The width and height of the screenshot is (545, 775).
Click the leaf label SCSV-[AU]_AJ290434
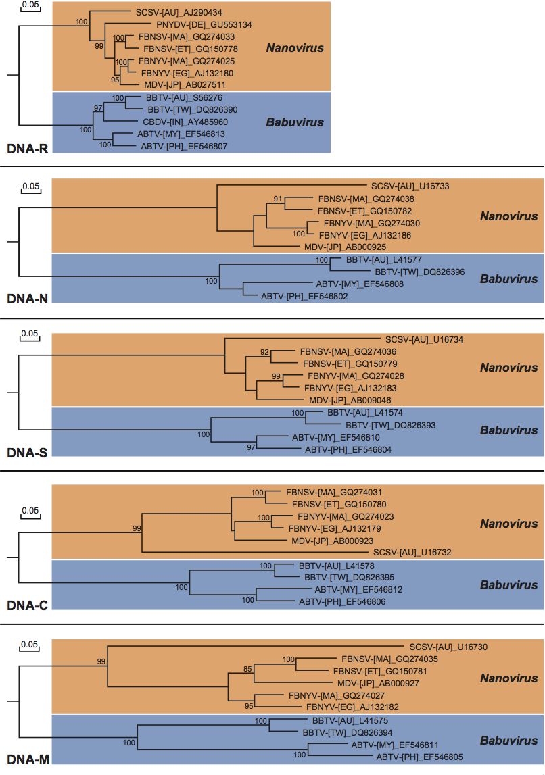pyautogui.click(x=174, y=12)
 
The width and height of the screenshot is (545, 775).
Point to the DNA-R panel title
pyautogui.click(x=27, y=148)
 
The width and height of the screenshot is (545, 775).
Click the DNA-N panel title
pyautogui.click(x=27, y=298)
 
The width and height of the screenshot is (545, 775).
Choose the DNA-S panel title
pyautogui.click(x=27, y=450)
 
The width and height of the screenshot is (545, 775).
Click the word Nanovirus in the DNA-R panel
pyautogui.click(x=294, y=48)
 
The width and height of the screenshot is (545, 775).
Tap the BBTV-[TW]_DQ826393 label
pyautogui.click(x=390, y=425)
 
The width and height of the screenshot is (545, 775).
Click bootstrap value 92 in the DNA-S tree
pyautogui.click(x=265, y=352)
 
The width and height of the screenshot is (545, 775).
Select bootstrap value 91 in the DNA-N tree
pyautogui.click(x=277, y=199)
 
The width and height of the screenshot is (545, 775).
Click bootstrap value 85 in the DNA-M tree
pyautogui.click(x=248, y=670)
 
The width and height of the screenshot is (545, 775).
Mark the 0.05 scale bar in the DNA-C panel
pyautogui.click(x=29, y=514)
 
